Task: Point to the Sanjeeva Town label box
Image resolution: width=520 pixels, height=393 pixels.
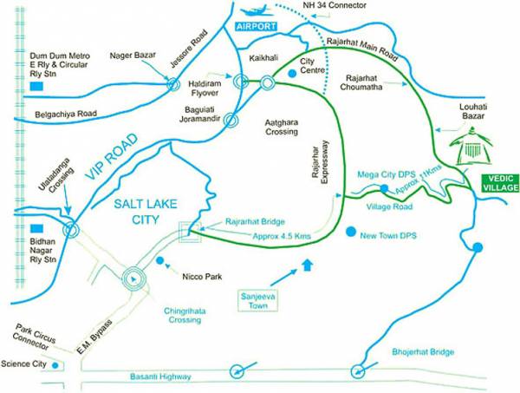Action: coord(257,299)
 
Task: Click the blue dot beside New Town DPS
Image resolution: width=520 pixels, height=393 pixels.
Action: coord(350,233)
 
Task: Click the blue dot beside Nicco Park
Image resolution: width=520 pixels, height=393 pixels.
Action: coord(159,259)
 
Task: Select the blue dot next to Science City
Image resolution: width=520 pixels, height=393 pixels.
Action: coord(55,365)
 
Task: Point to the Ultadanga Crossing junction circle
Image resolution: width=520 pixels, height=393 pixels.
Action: coord(69,229)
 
